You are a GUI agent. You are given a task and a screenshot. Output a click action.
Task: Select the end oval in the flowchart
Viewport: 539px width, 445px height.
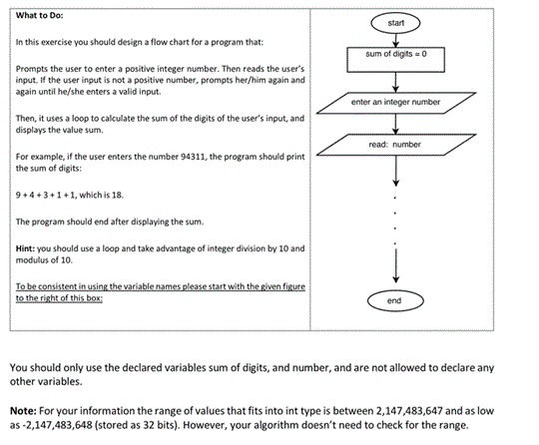tap(397, 299)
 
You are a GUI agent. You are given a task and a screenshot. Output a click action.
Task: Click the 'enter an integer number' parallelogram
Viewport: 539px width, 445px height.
tap(397, 102)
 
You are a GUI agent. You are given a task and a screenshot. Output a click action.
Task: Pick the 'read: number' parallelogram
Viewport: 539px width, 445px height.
tap(397, 145)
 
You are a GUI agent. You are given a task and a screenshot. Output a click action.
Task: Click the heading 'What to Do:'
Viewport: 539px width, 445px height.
tap(38, 14)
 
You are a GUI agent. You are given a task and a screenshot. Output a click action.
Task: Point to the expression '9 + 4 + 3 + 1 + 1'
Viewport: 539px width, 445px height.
tap(46, 196)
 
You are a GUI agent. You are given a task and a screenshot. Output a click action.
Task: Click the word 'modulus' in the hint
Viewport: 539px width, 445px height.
tap(33, 258)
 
